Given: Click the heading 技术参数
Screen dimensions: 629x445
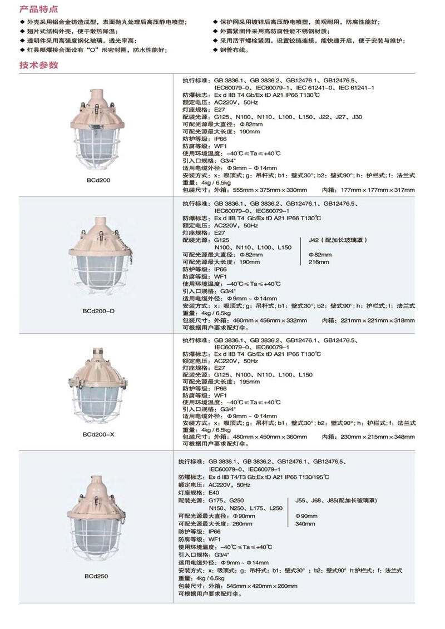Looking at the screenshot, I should tap(38, 65).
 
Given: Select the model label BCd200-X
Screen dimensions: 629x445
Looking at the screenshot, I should tap(98, 434).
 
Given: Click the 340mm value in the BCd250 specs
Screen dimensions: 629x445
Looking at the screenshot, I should tap(305, 523).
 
